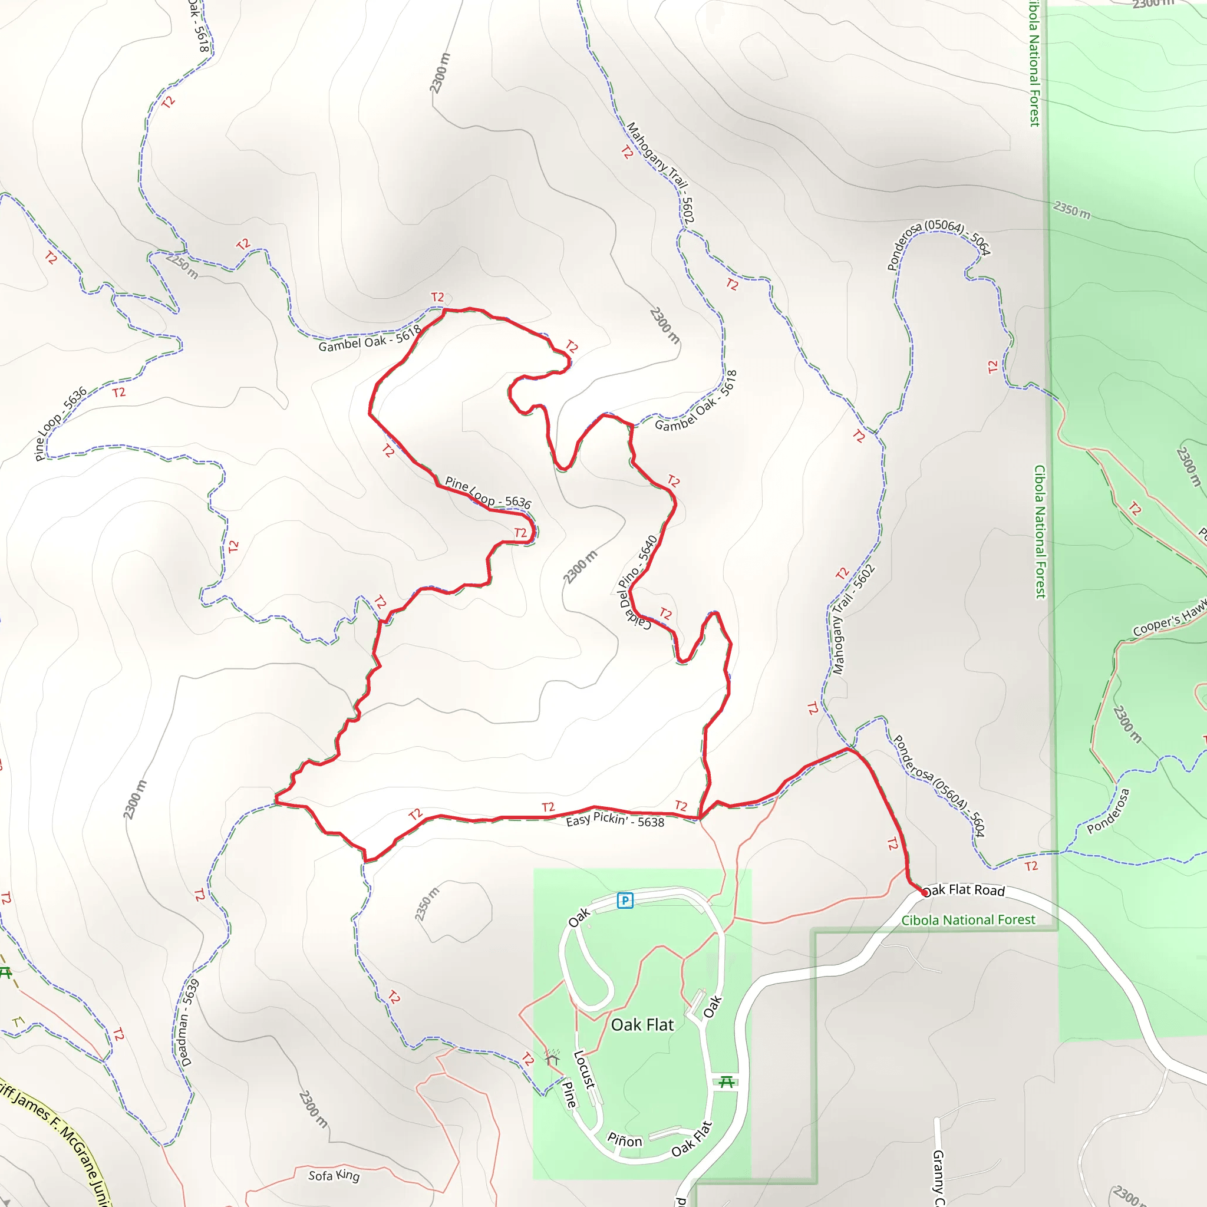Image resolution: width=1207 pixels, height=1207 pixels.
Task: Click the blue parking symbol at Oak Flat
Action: [625, 901]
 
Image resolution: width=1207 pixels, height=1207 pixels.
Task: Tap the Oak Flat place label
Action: [642, 1024]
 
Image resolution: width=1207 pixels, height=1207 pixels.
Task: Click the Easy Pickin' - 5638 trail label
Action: [615, 820]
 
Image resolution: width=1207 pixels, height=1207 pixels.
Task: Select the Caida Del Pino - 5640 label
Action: [638, 582]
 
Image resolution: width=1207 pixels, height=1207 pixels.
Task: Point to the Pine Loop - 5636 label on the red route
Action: [487, 492]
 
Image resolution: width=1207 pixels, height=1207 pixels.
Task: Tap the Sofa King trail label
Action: [334, 1175]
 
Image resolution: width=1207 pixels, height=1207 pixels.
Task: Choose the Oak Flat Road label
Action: [964, 891]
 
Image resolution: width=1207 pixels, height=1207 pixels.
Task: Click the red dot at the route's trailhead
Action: [925, 893]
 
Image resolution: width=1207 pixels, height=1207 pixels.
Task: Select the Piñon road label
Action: [625, 1140]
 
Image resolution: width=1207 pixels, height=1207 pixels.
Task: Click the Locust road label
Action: [585, 1070]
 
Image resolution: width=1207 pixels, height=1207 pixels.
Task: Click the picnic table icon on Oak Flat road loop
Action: [726, 1081]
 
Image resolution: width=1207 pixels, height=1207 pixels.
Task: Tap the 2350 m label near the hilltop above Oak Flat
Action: [427, 904]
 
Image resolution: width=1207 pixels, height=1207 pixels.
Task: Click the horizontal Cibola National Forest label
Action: [968, 920]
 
